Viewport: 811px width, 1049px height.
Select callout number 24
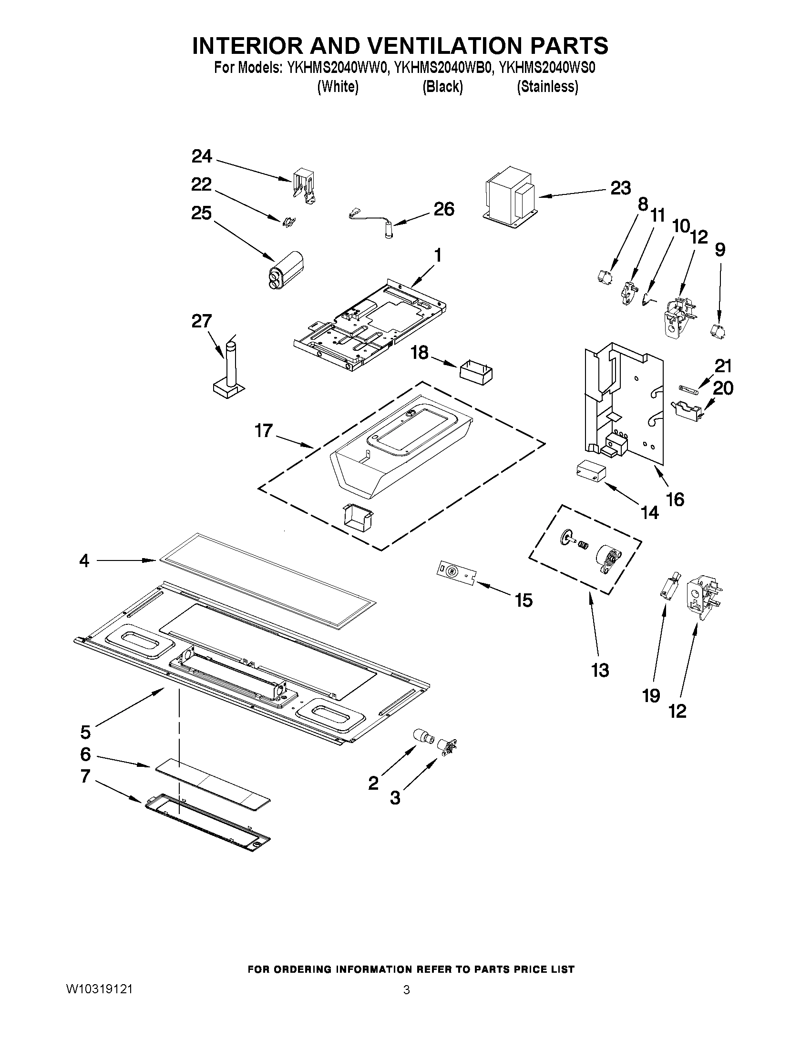coord(201,156)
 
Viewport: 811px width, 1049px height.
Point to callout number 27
coord(201,321)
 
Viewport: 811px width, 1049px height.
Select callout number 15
coord(523,600)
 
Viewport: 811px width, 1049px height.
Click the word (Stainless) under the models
coord(547,87)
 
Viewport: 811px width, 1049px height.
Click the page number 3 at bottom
coord(406,990)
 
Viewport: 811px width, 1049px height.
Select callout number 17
coord(264,430)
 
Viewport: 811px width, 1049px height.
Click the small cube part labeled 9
coord(717,331)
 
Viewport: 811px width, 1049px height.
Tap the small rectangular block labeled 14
coord(590,470)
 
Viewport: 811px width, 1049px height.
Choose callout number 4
coord(84,560)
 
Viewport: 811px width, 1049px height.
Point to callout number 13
coord(600,670)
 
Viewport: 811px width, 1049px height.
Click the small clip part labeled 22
coord(289,222)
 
